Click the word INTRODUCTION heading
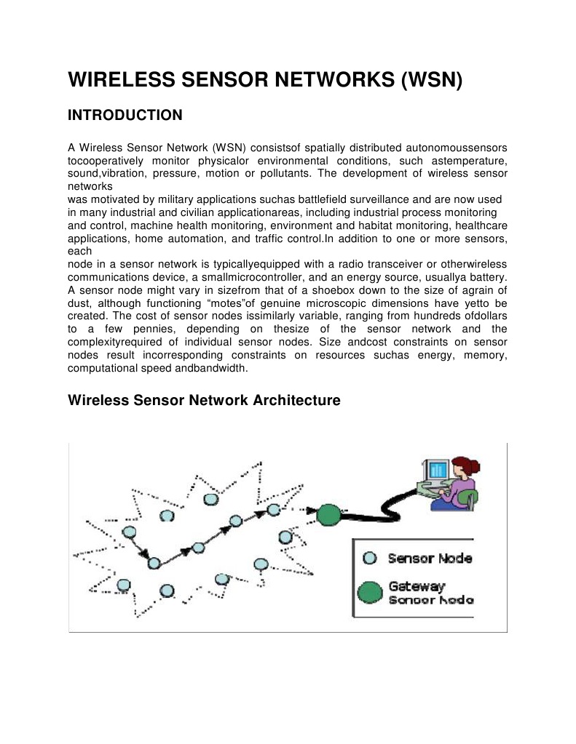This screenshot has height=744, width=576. point(125,115)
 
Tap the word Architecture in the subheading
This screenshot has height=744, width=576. point(297,400)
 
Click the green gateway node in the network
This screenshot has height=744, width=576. point(328,515)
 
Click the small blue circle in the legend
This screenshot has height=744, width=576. point(369,559)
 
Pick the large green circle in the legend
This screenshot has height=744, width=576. point(370,593)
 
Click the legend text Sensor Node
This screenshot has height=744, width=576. point(430,559)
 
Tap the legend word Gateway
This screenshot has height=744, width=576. point(417,585)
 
